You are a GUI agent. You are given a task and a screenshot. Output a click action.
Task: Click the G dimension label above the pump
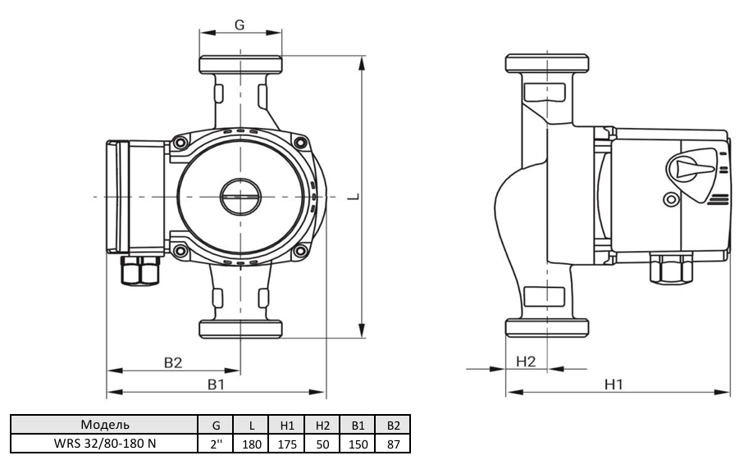tap(240, 25)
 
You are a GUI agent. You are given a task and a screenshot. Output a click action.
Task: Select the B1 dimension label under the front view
tap(216, 384)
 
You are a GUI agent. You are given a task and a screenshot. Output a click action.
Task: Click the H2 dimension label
tap(526, 361)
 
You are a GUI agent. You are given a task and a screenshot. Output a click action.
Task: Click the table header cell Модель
tap(105, 425)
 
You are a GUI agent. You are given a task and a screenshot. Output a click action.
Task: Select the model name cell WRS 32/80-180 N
tap(105, 443)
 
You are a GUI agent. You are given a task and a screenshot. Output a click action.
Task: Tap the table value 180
tap(252, 443)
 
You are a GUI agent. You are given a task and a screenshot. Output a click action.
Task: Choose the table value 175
tap(287, 443)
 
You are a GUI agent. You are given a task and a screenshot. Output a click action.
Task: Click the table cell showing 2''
tap(217, 443)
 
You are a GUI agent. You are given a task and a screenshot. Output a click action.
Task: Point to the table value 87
tap(393, 443)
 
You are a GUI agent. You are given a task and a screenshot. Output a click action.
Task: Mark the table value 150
tap(358, 443)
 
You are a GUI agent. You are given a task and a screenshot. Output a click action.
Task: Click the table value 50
tap(322, 443)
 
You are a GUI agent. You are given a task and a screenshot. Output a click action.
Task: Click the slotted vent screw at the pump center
tap(240, 198)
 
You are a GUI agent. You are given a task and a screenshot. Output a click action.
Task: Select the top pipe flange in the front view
tap(240, 65)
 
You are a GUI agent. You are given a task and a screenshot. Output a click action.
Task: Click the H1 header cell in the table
tap(287, 425)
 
